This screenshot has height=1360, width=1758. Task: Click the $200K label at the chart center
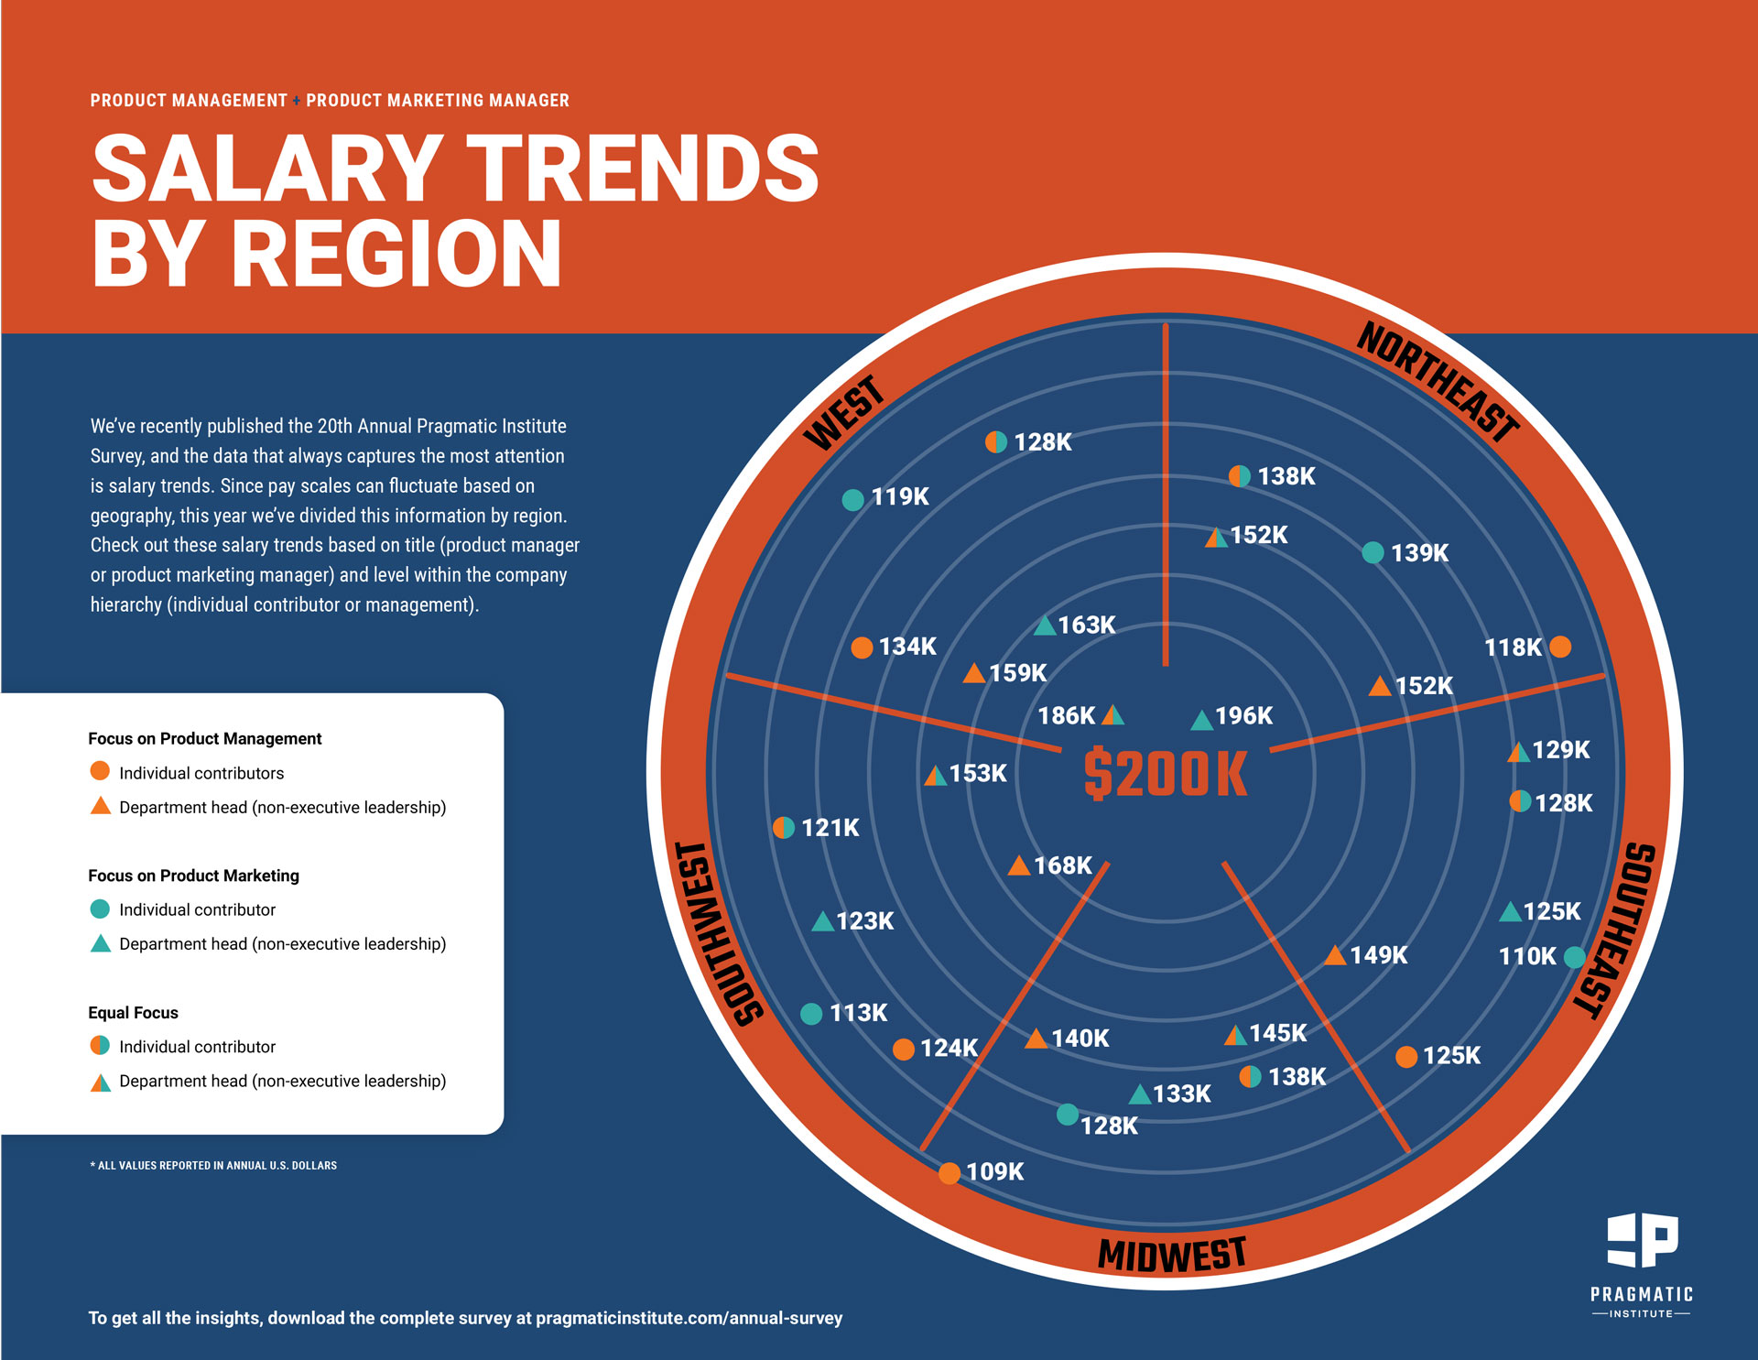pyautogui.click(x=1166, y=774)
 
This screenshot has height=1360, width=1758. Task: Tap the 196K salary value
pyautogui.click(x=1243, y=716)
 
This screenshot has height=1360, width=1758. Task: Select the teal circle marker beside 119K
pyautogui.click(x=852, y=500)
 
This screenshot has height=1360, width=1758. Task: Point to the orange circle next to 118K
pyautogui.click(x=1561, y=647)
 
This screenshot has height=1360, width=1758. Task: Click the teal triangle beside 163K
pyautogui.click(x=1045, y=626)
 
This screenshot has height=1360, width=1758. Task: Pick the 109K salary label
pyautogui.click(x=994, y=1172)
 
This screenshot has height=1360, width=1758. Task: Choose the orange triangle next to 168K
pyautogui.click(x=1019, y=866)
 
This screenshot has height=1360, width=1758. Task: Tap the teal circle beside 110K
pyautogui.click(x=1574, y=957)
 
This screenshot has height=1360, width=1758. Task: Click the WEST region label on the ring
pyautogui.click(x=844, y=413)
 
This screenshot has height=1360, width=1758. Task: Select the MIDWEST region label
pyautogui.click(x=1172, y=1255)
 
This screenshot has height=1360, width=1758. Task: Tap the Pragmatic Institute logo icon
pyautogui.click(x=1643, y=1240)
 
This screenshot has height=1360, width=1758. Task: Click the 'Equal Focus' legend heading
pyautogui.click(x=133, y=1013)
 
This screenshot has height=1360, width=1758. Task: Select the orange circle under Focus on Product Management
pyautogui.click(x=100, y=771)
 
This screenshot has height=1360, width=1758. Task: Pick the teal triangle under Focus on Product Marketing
pyautogui.click(x=101, y=943)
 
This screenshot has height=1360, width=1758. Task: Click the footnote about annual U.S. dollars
pyautogui.click(x=213, y=1166)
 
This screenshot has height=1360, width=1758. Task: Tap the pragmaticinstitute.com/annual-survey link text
pyautogui.click(x=689, y=1319)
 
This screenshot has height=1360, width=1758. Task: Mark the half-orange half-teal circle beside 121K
pyautogui.click(x=784, y=828)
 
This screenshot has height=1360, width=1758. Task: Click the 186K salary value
pyautogui.click(x=1066, y=716)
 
